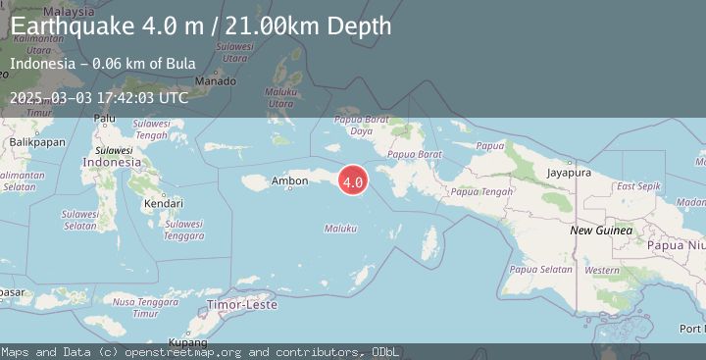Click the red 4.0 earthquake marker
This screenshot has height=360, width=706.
pyautogui.click(x=353, y=180)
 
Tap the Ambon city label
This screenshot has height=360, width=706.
pyautogui.click(x=289, y=181)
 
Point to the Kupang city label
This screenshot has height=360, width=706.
pyautogui.click(x=187, y=342)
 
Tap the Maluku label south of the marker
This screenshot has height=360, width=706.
pyautogui.click(x=339, y=229)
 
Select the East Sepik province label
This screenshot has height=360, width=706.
pyautogui.click(x=638, y=185)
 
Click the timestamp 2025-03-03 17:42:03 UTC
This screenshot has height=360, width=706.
pyautogui.click(x=99, y=97)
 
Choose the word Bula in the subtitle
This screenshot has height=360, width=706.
pyautogui.click(x=179, y=65)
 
